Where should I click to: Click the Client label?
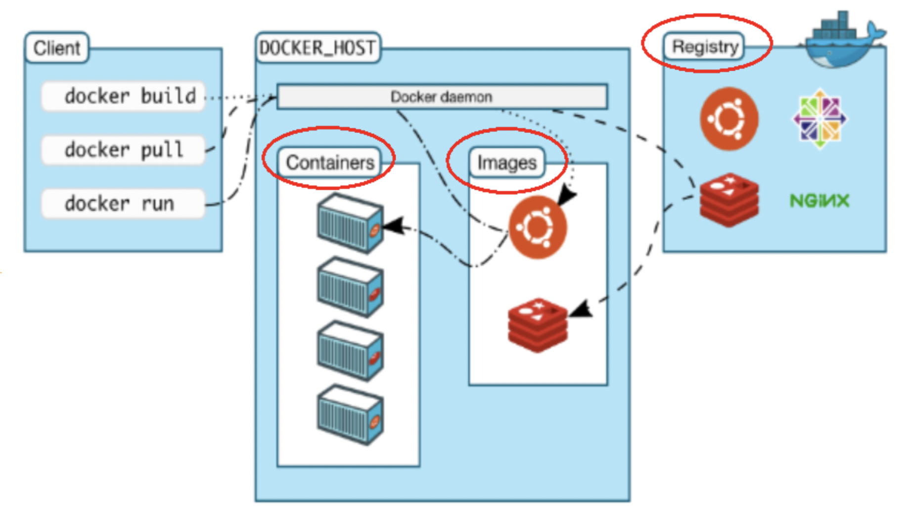tap(57, 48)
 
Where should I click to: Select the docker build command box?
tap(124, 96)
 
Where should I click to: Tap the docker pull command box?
tap(124, 150)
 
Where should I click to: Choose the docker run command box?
tap(124, 204)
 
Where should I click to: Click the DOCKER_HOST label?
tap(318, 48)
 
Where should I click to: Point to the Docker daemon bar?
tap(442, 96)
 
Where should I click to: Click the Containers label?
tap(330, 162)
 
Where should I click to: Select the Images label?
tap(506, 162)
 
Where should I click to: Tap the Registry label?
tap(705, 47)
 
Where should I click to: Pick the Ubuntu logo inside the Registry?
tap(729, 119)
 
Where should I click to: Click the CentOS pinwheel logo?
tap(819, 119)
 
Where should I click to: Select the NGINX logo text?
tap(819, 200)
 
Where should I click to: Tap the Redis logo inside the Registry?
tap(729, 200)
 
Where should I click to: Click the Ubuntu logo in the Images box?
tap(538, 227)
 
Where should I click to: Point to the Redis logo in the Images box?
tap(538, 325)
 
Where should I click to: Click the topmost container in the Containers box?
tap(350, 223)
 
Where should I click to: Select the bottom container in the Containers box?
tap(350, 415)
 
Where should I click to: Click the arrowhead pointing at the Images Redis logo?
tap(581, 309)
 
